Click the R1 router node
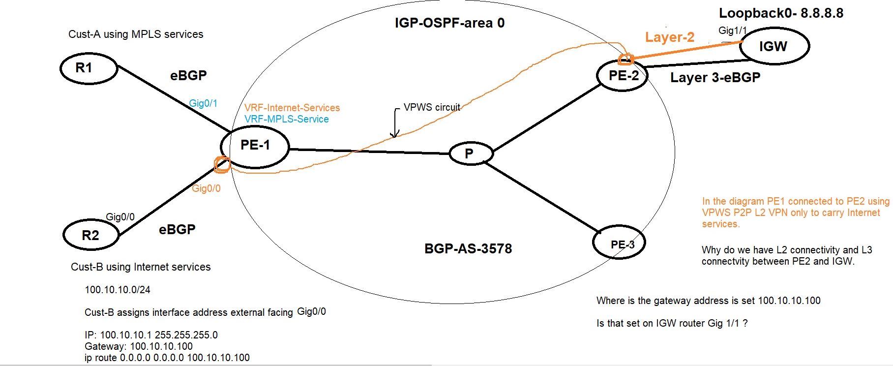click(89, 68)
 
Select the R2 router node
click(91, 235)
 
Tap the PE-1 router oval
click(255, 146)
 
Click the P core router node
click(470, 153)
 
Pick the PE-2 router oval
click(623, 76)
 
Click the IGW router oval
click(774, 46)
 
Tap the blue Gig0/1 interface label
click(203, 103)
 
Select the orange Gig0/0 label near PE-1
click(206, 188)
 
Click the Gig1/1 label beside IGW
click(732, 30)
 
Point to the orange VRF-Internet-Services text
click(292, 108)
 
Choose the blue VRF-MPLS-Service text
click(287, 119)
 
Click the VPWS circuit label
click(432, 107)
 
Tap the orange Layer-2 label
click(669, 37)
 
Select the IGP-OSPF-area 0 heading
click(449, 23)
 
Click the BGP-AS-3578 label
click(468, 248)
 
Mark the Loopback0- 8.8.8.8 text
click(781, 13)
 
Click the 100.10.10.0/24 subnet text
click(118, 289)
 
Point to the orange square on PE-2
click(625, 60)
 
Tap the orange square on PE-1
click(222, 165)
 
